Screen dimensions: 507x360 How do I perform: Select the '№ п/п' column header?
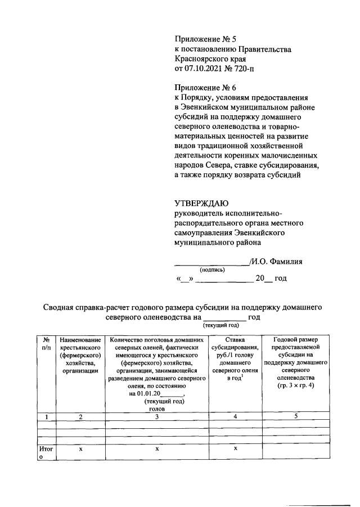point(46,344)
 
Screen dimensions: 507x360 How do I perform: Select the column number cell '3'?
point(157,417)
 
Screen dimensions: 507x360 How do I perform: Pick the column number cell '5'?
point(295,416)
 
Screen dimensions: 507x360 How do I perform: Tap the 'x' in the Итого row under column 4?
point(237,448)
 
